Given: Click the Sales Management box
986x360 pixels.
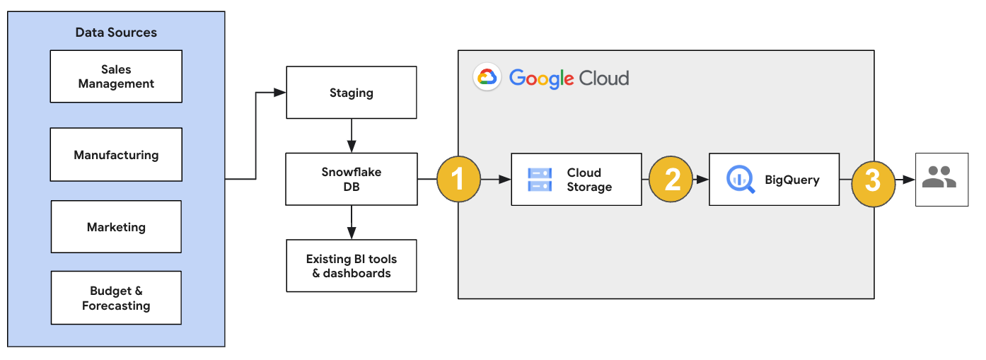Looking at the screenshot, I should pyautogui.click(x=116, y=76).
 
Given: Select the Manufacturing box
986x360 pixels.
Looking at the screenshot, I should pyautogui.click(x=116, y=155).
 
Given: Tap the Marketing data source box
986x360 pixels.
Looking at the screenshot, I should pyautogui.click(x=116, y=227).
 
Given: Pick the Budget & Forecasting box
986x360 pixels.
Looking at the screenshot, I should pyautogui.click(x=116, y=298).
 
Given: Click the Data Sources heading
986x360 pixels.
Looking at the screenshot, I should pyautogui.click(x=116, y=33).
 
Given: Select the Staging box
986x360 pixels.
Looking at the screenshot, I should pyautogui.click(x=351, y=93).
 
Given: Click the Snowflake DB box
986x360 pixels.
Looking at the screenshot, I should pyautogui.click(x=351, y=180).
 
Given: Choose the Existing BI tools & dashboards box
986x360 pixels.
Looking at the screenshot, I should pyautogui.click(x=351, y=266).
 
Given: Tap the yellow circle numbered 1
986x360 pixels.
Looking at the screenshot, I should pyautogui.click(x=458, y=180).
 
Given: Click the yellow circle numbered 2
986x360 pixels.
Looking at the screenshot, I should pyautogui.click(x=671, y=180).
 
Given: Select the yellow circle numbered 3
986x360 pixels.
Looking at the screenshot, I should pyautogui.click(x=873, y=180).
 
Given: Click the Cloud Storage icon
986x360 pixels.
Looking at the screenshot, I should pyautogui.click(x=540, y=180).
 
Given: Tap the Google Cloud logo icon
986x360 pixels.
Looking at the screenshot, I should pyautogui.click(x=487, y=77).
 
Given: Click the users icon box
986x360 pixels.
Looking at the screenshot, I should pyautogui.click(x=941, y=180).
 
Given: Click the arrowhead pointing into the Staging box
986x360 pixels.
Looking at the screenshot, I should pyautogui.click(x=280, y=93).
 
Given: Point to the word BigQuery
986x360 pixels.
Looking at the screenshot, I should pyautogui.click(x=791, y=180).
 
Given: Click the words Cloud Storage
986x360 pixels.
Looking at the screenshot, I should pyautogui.click(x=588, y=180).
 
